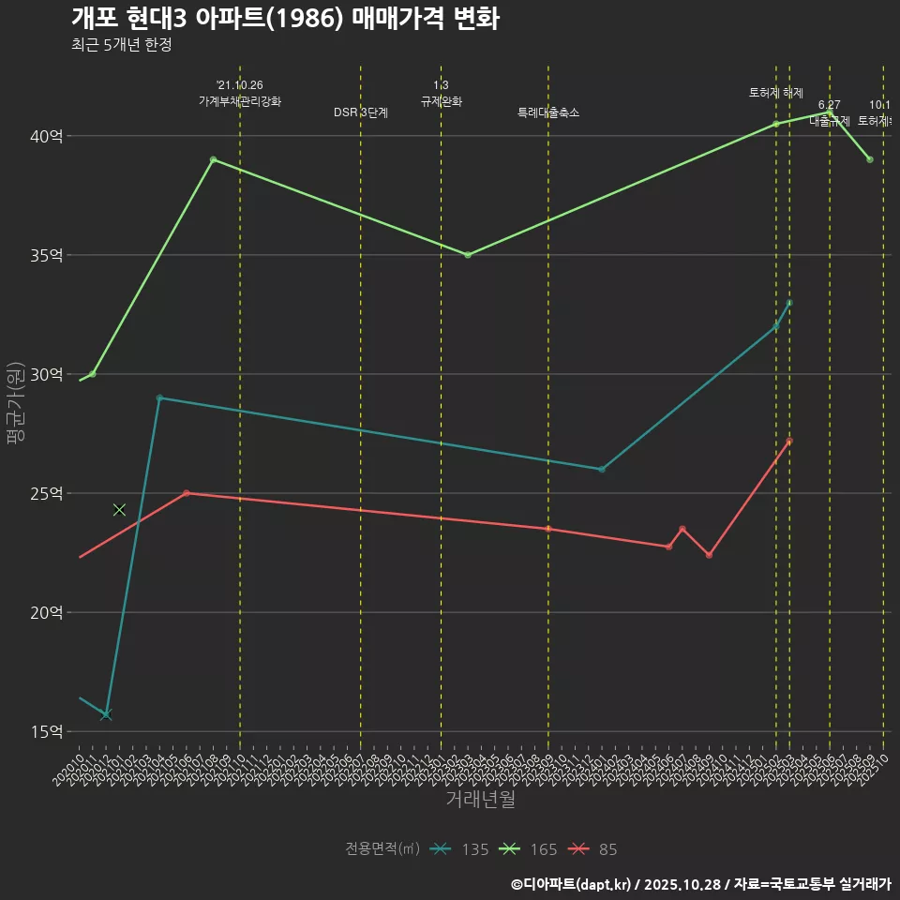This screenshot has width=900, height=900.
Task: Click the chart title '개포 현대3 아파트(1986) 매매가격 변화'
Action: click(x=284, y=19)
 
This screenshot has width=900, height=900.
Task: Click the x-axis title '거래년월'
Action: click(x=480, y=800)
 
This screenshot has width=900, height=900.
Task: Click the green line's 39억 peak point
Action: click(x=213, y=159)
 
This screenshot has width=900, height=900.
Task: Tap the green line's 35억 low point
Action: click(x=468, y=255)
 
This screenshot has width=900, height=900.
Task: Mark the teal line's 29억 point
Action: click(x=159, y=397)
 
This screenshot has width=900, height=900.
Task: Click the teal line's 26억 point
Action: click(x=602, y=469)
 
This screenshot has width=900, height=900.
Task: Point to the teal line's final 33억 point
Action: click(x=789, y=303)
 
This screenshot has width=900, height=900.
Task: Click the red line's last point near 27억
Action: click(x=789, y=441)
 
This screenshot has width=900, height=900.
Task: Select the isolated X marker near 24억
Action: click(x=119, y=509)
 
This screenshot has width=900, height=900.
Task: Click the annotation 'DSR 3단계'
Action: click(x=361, y=112)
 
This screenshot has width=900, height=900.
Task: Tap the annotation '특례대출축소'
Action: click(x=548, y=112)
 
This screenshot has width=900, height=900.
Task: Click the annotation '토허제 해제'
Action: click(x=776, y=93)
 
